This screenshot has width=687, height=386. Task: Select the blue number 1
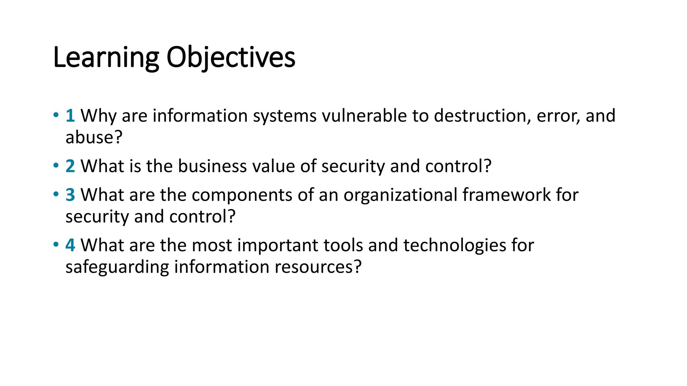tap(70, 116)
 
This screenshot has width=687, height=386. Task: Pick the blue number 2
tap(70, 166)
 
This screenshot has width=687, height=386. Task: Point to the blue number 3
tap(70, 195)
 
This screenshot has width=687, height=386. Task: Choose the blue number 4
tap(70, 245)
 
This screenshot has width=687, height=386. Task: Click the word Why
tap(99, 116)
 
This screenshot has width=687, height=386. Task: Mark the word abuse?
tap(94, 137)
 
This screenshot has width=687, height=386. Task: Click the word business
tap(212, 166)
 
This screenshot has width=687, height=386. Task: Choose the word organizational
tap(401, 195)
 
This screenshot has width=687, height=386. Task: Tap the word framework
tap(507, 195)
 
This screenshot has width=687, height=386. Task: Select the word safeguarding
tap(117, 267)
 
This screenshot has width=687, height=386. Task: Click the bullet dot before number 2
tap(56, 166)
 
